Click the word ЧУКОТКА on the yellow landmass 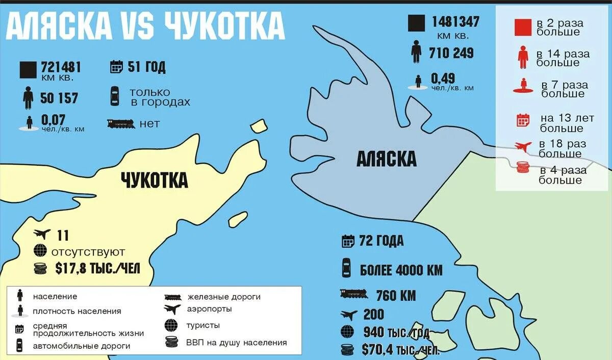point(154,180)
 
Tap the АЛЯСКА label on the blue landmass point(386,159)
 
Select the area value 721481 point(61,67)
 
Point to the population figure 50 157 point(59,98)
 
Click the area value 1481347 point(455,22)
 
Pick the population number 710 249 point(451,53)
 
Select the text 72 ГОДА point(381,241)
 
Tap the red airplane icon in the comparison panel point(523,147)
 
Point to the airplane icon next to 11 point(42,235)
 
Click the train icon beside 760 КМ point(353,294)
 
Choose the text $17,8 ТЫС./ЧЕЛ point(97,268)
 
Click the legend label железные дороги point(224,296)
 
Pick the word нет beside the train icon point(149,123)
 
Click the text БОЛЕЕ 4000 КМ point(401,270)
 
